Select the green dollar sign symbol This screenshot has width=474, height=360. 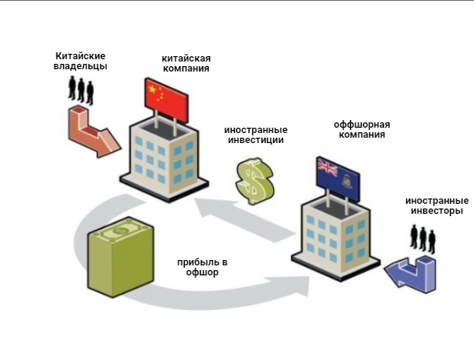click(x=254, y=181)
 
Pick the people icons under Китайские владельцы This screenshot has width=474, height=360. click(x=80, y=88)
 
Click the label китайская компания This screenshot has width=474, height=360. click(x=185, y=63)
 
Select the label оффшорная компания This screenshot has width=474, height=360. click(x=361, y=129)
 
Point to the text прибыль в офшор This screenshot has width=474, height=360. click(x=202, y=267)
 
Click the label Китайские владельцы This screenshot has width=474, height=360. click(x=80, y=61)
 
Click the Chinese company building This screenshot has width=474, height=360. click(x=163, y=154)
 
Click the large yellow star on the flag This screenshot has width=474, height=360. click(x=154, y=90)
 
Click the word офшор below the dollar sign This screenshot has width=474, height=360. click(x=202, y=272)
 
